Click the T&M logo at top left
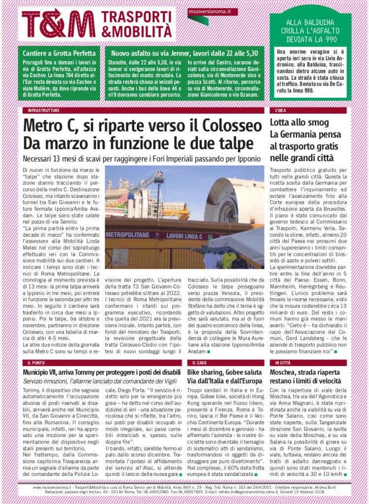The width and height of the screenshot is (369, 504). [59, 23]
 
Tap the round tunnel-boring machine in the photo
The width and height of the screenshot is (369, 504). [226, 197]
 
